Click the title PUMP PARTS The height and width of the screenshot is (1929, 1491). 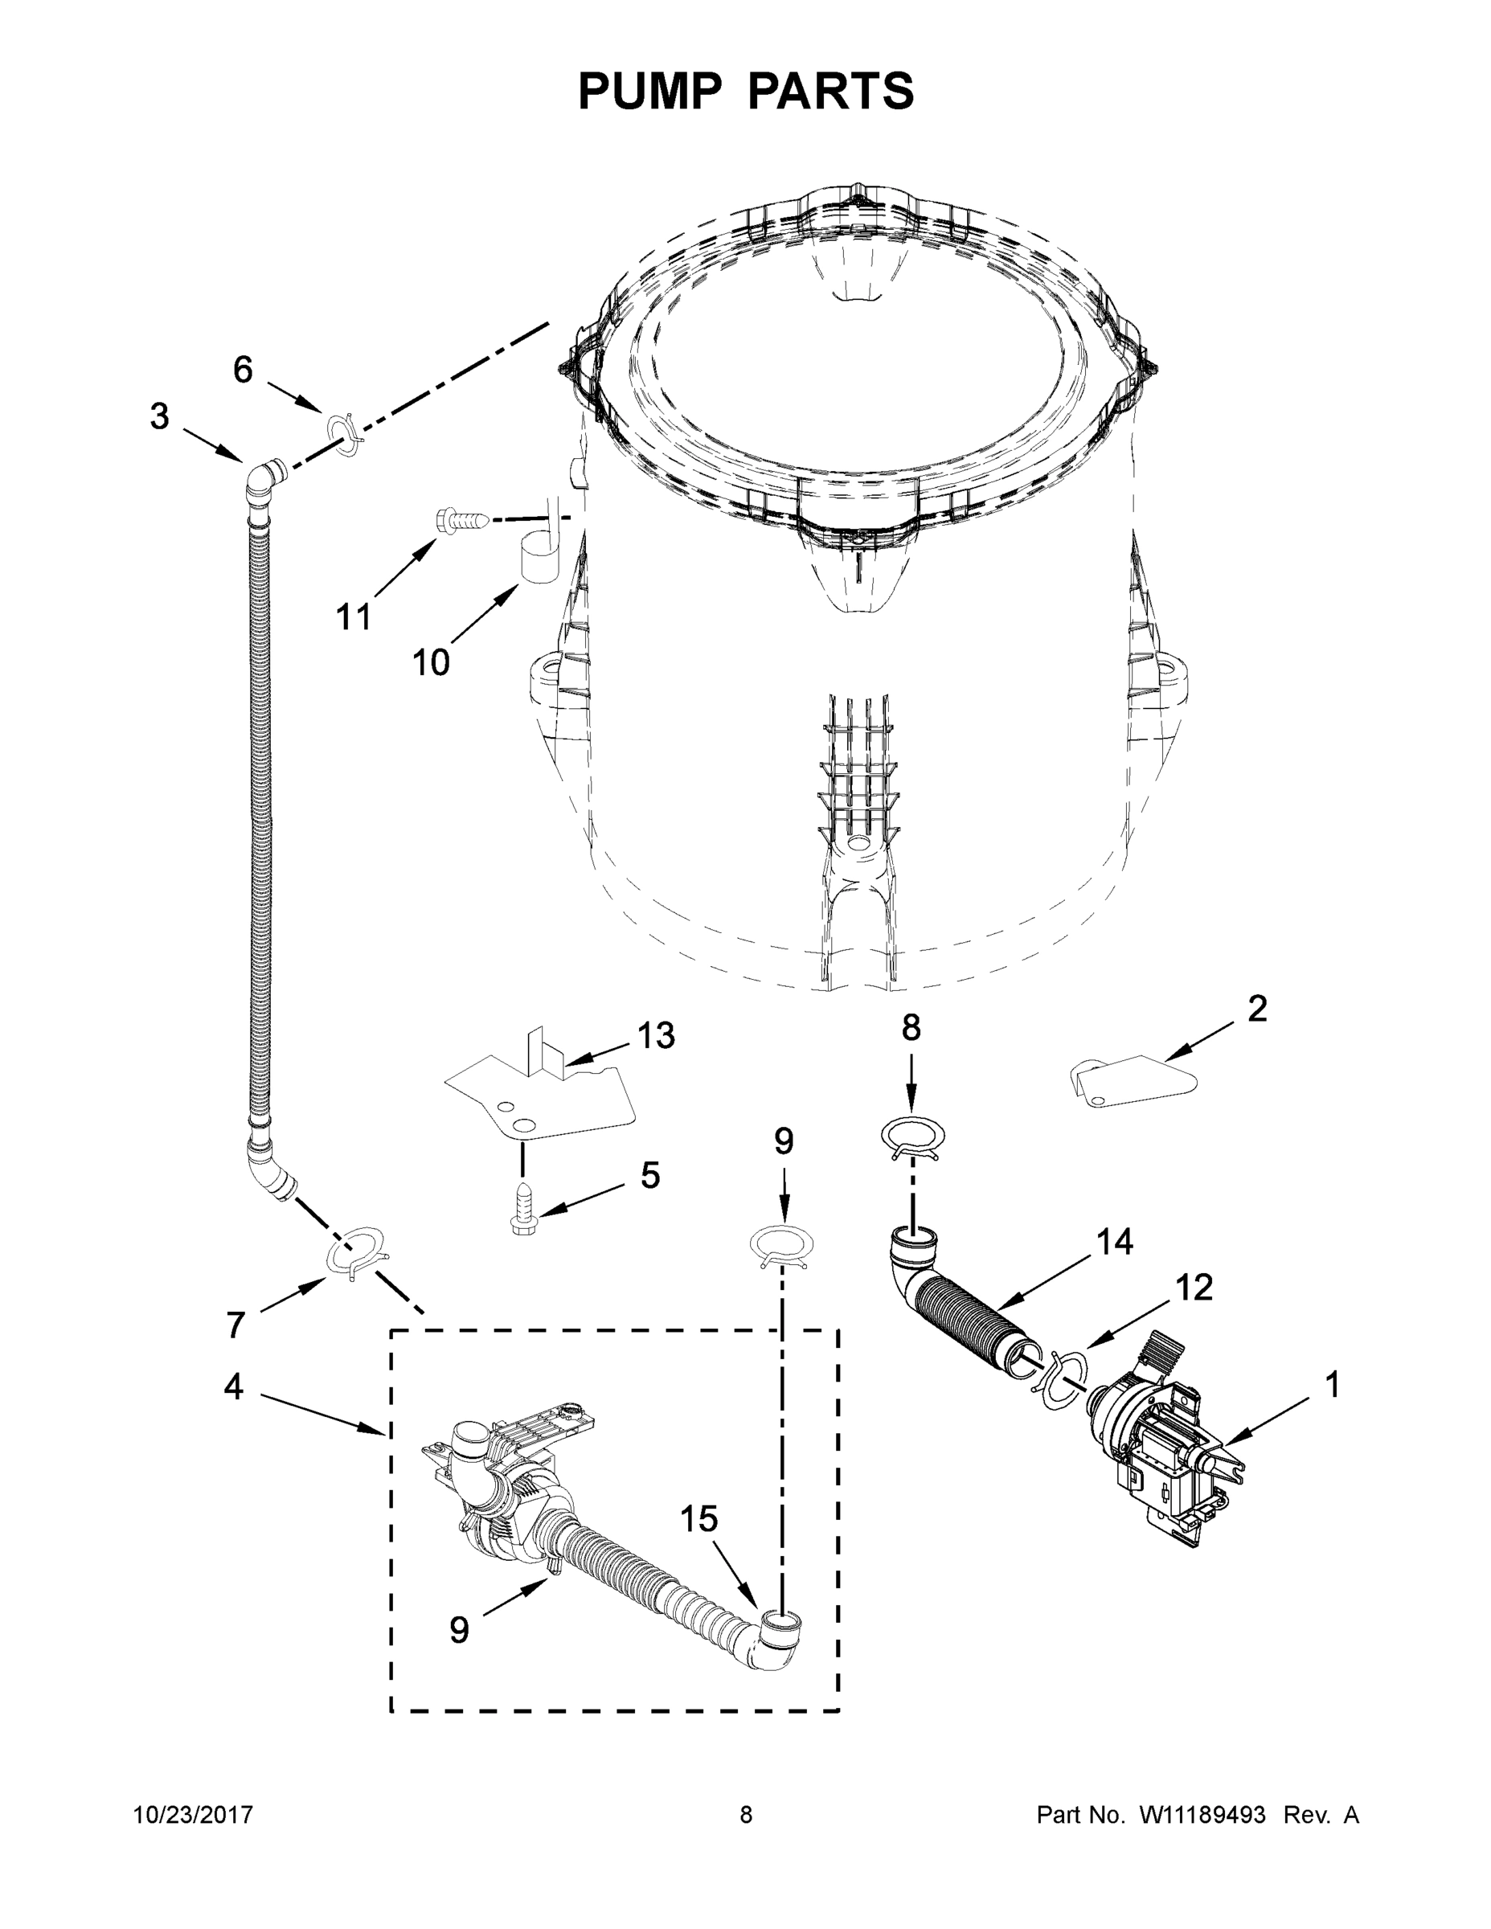pyautogui.click(x=746, y=91)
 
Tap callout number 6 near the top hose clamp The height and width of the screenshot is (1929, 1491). pyautogui.click(x=243, y=369)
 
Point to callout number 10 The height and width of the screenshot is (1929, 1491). pyautogui.click(x=431, y=662)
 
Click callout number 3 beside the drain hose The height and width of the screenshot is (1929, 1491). pyautogui.click(x=159, y=416)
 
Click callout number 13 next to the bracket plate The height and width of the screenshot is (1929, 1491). pyautogui.click(x=655, y=1035)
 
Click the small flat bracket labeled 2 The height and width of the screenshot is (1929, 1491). pyautogui.click(x=1131, y=1081)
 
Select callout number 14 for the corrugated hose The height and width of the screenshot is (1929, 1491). pyautogui.click(x=1114, y=1242)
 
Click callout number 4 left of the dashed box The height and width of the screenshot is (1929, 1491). pyautogui.click(x=233, y=1386)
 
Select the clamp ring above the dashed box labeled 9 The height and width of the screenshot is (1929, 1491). pyautogui.click(x=780, y=1247)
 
